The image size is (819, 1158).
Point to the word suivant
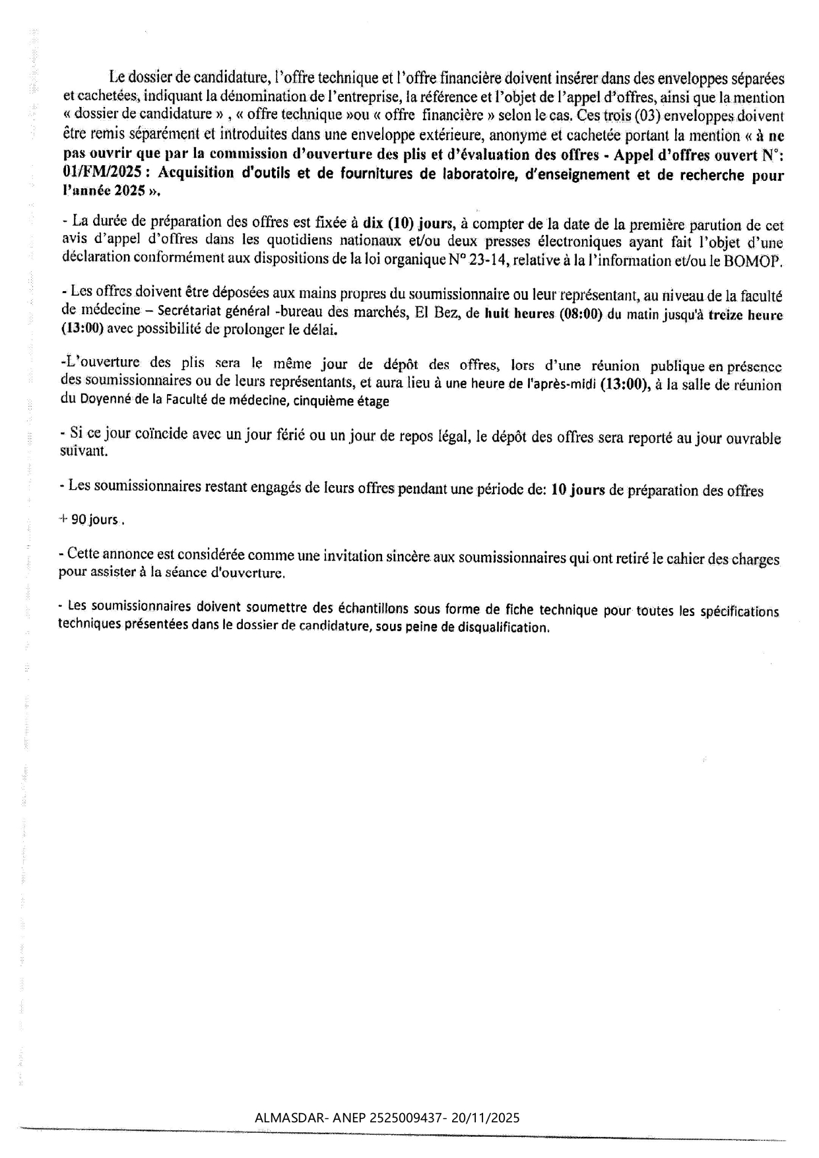coord(82,452)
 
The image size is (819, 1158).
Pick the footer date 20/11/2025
coord(486,1118)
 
